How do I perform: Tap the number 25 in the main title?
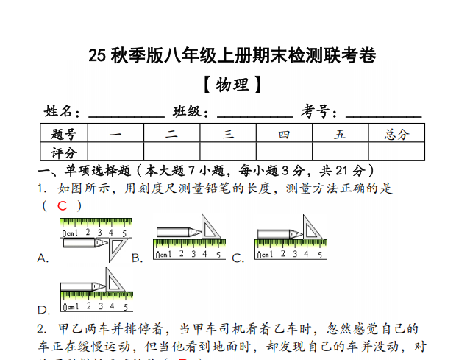pyautogui.click(x=97, y=56)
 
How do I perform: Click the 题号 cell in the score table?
pyautogui.click(x=64, y=134)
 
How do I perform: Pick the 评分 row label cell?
pyautogui.click(x=64, y=152)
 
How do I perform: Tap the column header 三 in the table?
pyautogui.click(x=228, y=134)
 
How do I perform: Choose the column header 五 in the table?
pyautogui.click(x=340, y=134)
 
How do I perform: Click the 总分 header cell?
pyautogui.click(x=396, y=134)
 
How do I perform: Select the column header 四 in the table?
pyautogui.click(x=284, y=134)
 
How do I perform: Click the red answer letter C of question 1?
pyautogui.click(x=62, y=206)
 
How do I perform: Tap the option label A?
pyautogui.click(x=43, y=258)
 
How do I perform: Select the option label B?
pyautogui.click(x=136, y=258)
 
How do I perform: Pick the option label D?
pyautogui.click(x=43, y=310)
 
